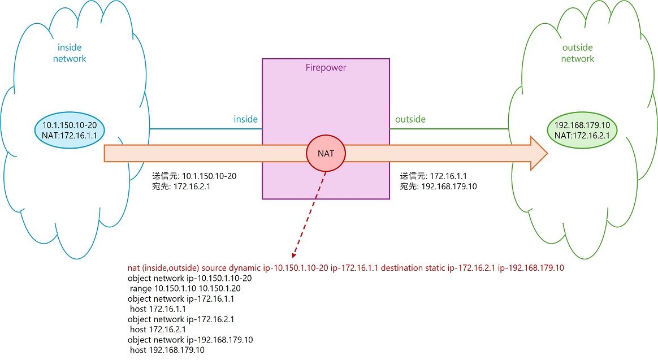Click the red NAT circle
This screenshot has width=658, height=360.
click(x=326, y=153)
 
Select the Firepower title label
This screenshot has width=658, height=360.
click(x=326, y=68)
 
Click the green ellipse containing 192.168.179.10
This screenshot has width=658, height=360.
click(x=582, y=129)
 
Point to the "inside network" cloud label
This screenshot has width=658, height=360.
click(x=70, y=53)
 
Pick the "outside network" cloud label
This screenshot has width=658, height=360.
click(x=578, y=53)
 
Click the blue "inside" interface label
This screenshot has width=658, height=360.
click(x=246, y=119)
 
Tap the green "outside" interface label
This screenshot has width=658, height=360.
click(x=410, y=119)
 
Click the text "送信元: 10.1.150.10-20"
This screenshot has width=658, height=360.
click(x=194, y=176)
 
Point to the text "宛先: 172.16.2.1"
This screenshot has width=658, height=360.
click(x=181, y=186)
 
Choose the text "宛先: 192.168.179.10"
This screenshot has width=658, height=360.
click(x=438, y=186)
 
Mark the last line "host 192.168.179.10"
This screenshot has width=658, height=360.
click(x=167, y=350)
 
